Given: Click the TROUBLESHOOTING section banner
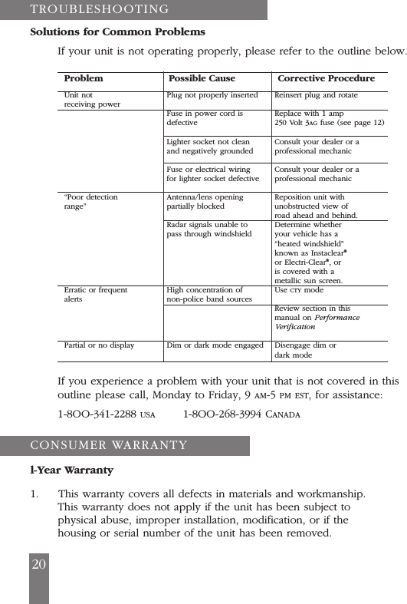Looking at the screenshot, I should tap(100, 9).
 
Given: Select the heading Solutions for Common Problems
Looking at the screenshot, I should tap(117, 32).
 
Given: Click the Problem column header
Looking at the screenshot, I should tap(84, 78).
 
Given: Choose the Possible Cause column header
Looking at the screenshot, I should tap(202, 78).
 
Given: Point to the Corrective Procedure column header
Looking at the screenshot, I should tap(326, 78).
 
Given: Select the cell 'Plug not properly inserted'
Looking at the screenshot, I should tap(212, 95).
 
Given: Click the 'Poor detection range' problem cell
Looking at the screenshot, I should tap(91, 202).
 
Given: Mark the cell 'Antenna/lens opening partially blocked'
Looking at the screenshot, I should tap(205, 202).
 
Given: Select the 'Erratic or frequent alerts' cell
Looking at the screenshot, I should tap(96, 295).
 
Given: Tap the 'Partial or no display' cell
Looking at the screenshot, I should tap(99, 345).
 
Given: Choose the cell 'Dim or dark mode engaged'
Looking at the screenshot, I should tap(215, 345).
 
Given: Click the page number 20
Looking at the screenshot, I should tap(38, 564).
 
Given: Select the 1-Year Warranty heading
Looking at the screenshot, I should tap(71, 470).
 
